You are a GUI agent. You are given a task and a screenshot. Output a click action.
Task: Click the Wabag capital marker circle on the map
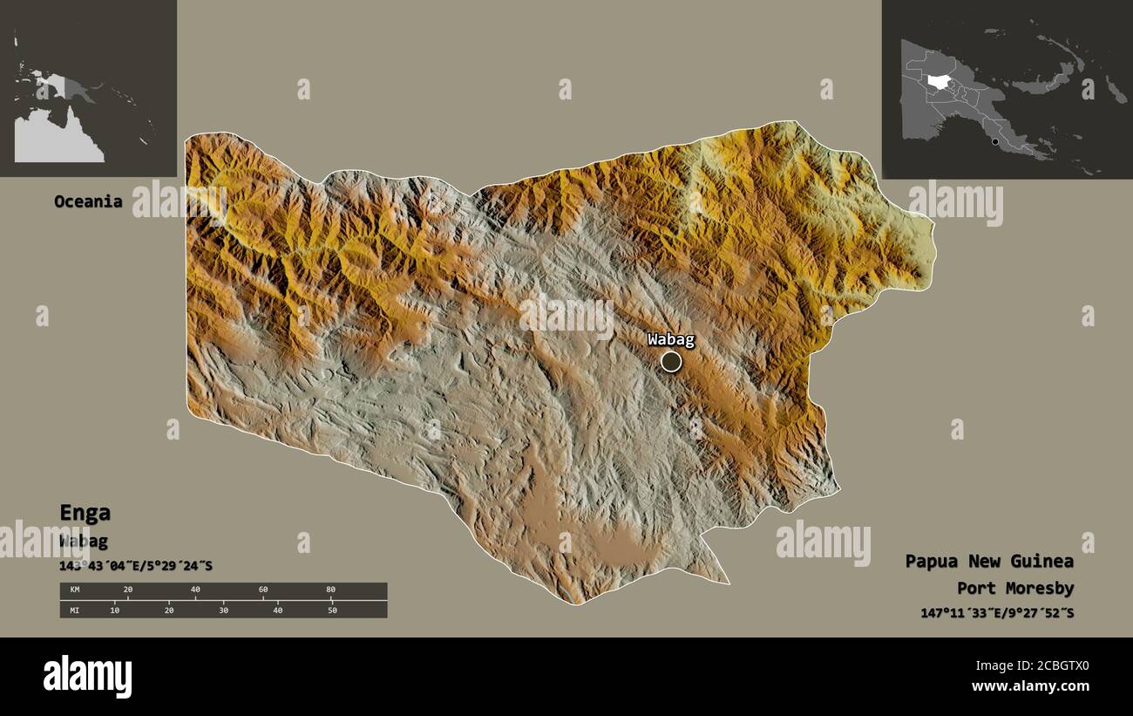click(670, 361)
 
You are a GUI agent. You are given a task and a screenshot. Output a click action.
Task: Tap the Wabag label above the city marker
click(670, 339)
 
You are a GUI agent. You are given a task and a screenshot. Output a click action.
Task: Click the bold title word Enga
click(85, 513)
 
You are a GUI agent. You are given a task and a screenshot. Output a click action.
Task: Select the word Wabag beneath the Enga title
click(84, 541)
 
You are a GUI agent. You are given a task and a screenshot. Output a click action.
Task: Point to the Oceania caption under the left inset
click(88, 201)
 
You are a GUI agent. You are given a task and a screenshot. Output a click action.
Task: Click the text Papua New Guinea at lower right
click(989, 561)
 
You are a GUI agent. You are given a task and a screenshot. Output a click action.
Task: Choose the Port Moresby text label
click(1015, 589)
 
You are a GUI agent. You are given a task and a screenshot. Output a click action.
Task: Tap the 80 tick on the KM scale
click(330, 590)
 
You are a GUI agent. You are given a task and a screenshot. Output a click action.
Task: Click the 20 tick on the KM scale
click(128, 590)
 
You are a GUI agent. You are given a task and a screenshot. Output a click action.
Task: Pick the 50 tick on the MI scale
click(331, 610)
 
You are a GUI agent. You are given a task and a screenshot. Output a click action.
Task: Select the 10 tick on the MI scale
click(114, 610)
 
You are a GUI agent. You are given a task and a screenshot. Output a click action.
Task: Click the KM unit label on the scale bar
click(74, 590)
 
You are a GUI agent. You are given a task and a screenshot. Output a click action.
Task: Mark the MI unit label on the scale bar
click(74, 610)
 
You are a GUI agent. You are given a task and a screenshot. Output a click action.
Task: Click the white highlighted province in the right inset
click(939, 82)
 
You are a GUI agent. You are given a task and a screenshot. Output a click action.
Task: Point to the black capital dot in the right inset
click(994, 140)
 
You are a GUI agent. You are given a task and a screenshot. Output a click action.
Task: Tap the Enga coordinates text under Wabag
click(135, 566)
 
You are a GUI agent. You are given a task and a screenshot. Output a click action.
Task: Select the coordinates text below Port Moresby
click(997, 613)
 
